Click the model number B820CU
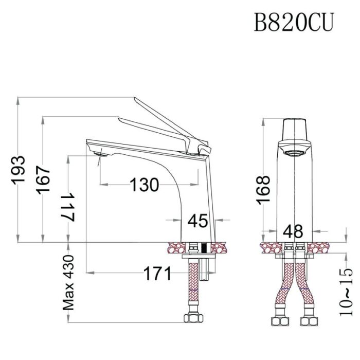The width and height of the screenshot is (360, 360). [294, 23]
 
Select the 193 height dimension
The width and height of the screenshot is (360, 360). [20, 169]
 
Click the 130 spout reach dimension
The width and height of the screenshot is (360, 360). [144, 185]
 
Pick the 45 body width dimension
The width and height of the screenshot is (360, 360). [197, 221]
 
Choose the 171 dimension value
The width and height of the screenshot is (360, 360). [157, 274]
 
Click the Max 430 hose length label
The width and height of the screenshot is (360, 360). [68, 282]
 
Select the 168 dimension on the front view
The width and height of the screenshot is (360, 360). [264, 190]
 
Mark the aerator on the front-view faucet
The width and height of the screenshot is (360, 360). [295, 152]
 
